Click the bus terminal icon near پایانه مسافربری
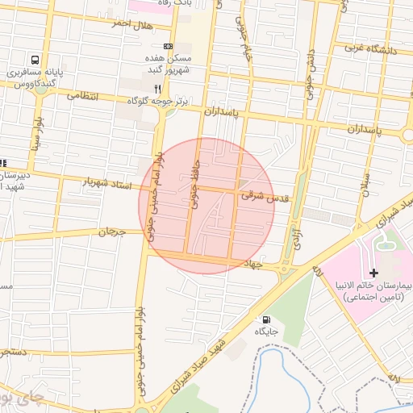35,60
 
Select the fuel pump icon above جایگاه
266,319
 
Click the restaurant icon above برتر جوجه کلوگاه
157,88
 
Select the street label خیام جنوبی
245,36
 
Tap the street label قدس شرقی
264,196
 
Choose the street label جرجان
113,232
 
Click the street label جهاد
256,264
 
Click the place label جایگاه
266,332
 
